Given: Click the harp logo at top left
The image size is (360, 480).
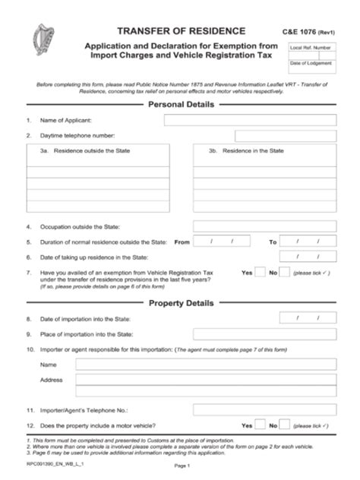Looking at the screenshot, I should click(39, 38).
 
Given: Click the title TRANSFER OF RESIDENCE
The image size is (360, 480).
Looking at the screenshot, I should click(180, 30).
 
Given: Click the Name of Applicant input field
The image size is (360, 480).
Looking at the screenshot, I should click(250, 120).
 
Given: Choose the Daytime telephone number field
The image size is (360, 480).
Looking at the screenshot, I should click(286, 136).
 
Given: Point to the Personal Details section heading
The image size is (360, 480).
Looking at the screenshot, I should click(180, 105).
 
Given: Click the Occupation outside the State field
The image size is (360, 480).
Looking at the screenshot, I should click(265, 226).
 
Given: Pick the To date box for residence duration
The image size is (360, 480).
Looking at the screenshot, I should click(308, 242).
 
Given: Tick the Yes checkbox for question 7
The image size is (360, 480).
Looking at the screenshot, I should click(261, 272).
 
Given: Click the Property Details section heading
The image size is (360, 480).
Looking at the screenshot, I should click(180, 304).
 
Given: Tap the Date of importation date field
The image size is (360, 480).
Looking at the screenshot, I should click(308, 319).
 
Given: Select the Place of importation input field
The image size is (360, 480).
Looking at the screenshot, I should click(265, 334).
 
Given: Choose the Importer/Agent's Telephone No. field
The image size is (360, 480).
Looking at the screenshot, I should click(265, 410).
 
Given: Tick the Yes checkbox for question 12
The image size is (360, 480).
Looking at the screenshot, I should click(261, 425).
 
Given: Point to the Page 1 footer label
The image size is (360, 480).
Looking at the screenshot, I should click(181, 465).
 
